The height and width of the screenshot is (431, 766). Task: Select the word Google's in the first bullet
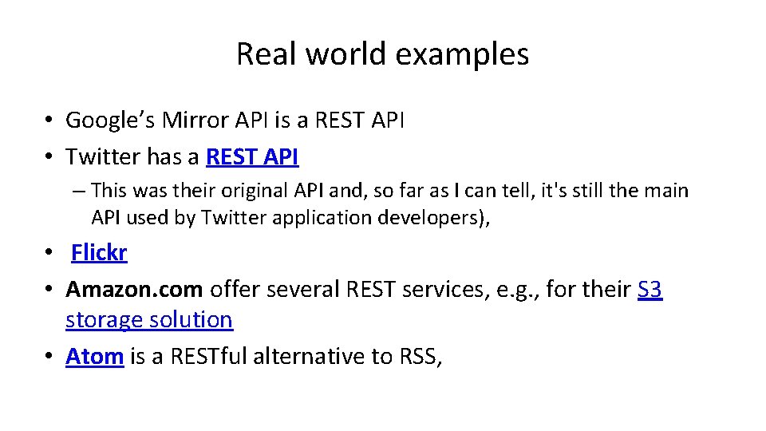point(110,121)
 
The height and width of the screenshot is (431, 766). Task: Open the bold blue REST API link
point(252,157)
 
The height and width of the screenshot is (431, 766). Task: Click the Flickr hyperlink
point(99,253)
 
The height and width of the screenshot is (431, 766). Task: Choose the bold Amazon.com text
point(134,289)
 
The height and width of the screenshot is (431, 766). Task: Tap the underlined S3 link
point(650,289)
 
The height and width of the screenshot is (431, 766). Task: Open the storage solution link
point(149,320)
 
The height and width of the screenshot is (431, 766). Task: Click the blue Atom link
point(94,356)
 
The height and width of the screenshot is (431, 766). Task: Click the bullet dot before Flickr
point(49,254)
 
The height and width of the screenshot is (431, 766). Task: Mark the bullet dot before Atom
point(49,357)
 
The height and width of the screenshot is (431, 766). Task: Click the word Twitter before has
point(103,157)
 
